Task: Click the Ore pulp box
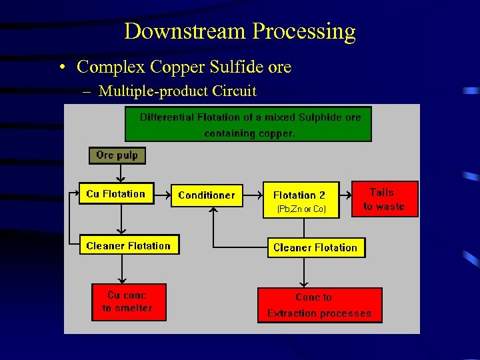pyautogui.click(x=117, y=155)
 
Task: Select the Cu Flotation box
pyautogui.click(x=116, y=194)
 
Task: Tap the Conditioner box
pyautogui.click(x=207, y=195)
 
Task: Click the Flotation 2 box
pyautogui.click(x=301, y=195)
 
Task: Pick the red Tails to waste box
pyautogui.click(x=384, y=199)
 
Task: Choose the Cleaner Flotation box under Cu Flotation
pyautogui.click(x=129, y=246)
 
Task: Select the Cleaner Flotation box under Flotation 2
pyautogui.click(x=315, y=247)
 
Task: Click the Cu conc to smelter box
pyautogui.click(x=128, y=302)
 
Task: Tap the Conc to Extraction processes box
pyautogui.click(x=319, y=305)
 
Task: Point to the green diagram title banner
pyautogui.click(x=248, y=125)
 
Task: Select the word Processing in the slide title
pyautogui.click(x=304, y=31)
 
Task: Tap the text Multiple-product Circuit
pyautogui.click(x=177, y=91)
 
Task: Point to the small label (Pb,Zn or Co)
pyautogui.click(x=301, y=209)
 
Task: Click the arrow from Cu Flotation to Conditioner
pyautogui.click(x=163, y=194)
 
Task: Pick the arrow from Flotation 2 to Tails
pyautogui.click(x=346, y=195)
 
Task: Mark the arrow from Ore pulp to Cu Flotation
pyautogui.click(x=119, y=173)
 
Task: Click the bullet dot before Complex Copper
pyautogui.click(x=61, y=68)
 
